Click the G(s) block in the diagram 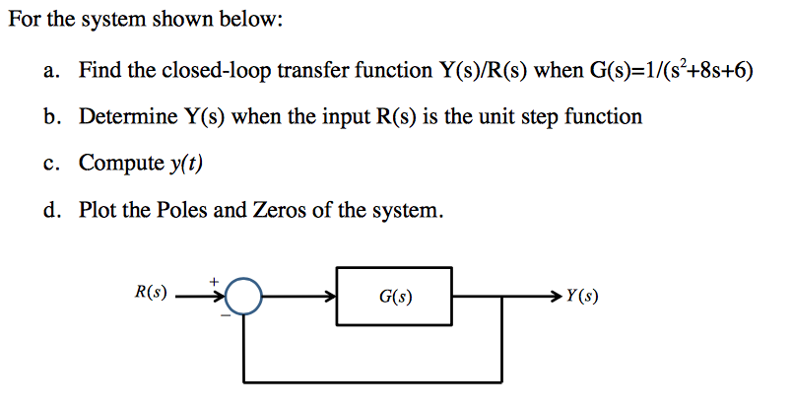(x=395, y=296)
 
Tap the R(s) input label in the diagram (x=150, y=293)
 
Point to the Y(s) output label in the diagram (x=581, y=295)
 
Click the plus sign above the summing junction (x=213, y=280)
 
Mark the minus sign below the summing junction (x=225, y=315)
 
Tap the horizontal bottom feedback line (x=374, y=381)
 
